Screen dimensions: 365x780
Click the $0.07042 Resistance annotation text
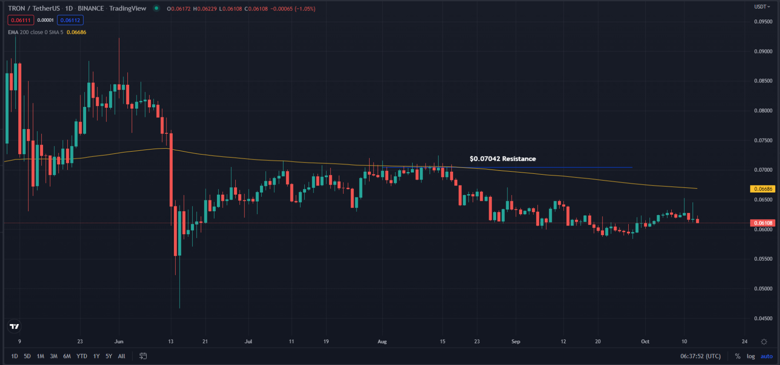503,159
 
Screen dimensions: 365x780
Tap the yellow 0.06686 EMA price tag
763,189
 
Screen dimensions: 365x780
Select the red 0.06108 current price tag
763,223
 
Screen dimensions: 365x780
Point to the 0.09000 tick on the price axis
763,51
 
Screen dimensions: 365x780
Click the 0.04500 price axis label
763,319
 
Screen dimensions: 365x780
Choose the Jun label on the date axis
119,342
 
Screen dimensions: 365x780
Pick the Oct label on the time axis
645,342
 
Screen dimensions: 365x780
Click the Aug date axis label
382,342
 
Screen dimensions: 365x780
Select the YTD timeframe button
82,356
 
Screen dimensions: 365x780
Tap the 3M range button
53,356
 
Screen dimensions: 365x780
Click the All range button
122,356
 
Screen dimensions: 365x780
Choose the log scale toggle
751,356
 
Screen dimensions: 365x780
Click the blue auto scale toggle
767,356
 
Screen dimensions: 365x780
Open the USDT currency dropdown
762,7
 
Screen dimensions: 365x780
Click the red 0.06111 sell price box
21,20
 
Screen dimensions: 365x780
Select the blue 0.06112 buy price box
70,20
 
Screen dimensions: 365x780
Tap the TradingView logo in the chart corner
14,326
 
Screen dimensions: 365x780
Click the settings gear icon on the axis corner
764,342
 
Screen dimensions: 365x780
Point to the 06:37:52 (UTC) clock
700,356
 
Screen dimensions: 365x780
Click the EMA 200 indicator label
35,33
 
